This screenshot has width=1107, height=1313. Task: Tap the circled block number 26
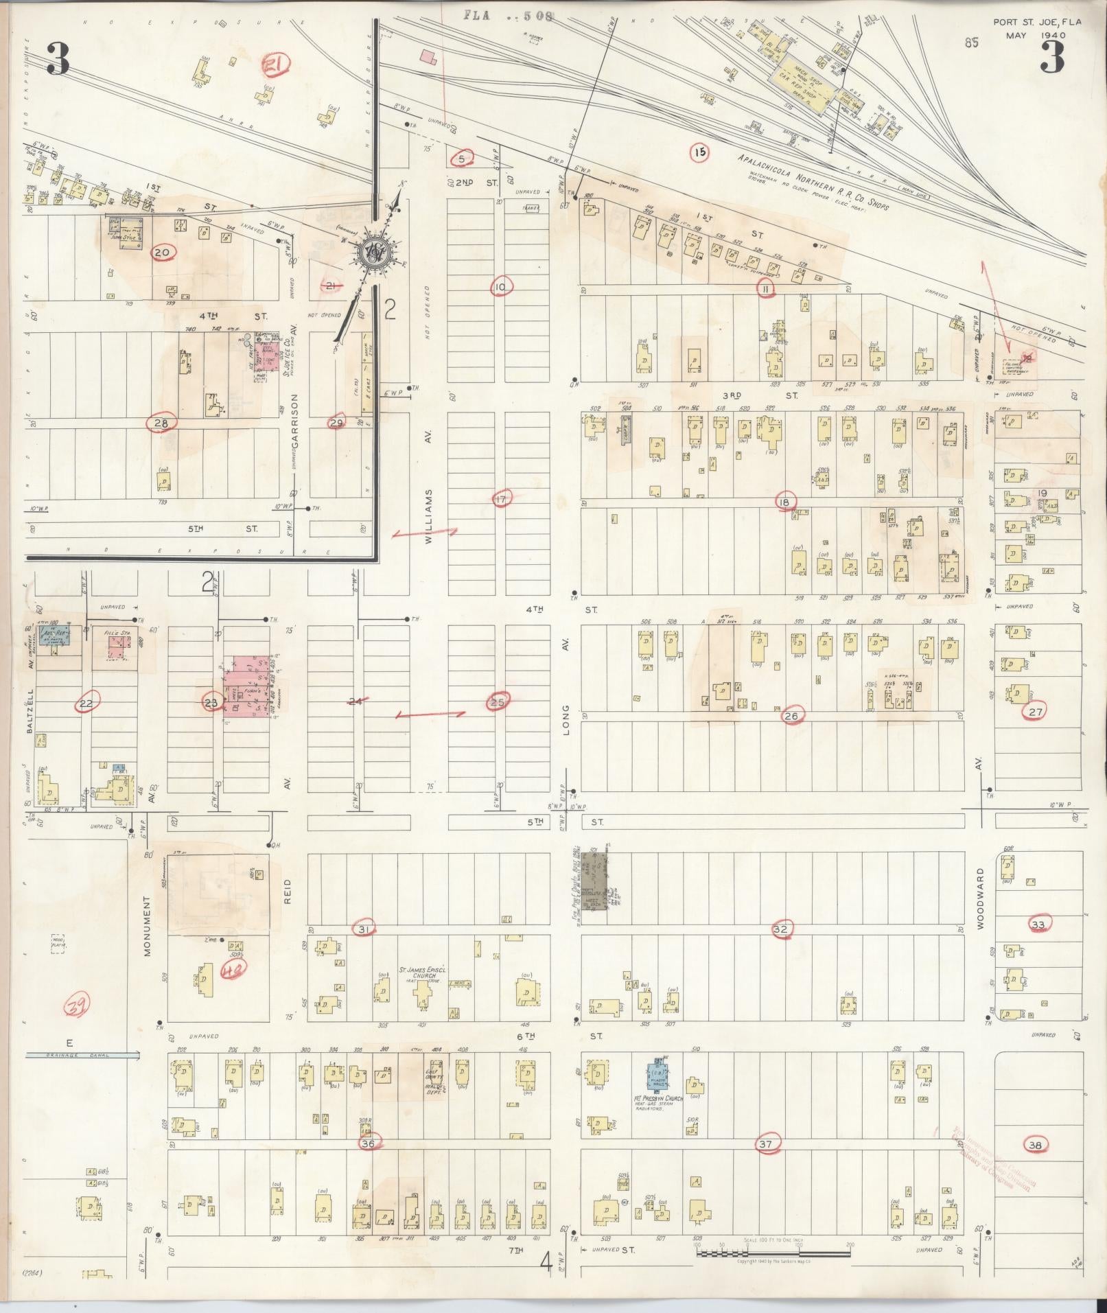click(791, 716)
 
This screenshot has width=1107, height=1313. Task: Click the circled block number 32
click(781, 929)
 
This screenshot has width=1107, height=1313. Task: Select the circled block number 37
click(766, 1143)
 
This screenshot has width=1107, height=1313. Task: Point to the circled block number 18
click(784, 502)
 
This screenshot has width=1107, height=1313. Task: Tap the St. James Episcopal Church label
click(424, 974)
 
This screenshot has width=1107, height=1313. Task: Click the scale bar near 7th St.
click(773, 1253)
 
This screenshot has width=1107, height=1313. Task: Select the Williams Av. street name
click(429, 516)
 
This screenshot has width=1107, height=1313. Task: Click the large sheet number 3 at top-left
click(58, 59)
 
